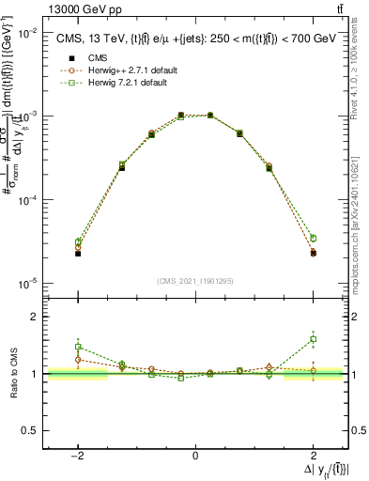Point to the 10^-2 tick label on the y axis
tap(26, 32)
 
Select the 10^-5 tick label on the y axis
tap(26, 283)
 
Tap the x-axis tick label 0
tap(195, 457)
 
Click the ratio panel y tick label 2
tap(37, 317)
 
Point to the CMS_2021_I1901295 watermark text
tap(195, 280)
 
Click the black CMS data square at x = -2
tap(78, 254)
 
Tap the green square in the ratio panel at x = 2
tap(313, 339)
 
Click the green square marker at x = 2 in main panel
tap(313, 239)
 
